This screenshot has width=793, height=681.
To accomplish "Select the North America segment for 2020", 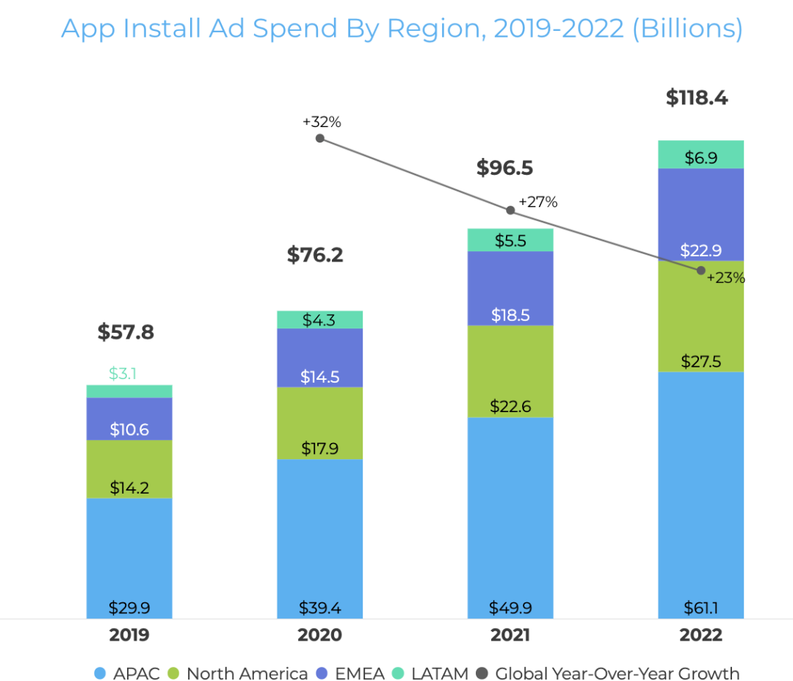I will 319,423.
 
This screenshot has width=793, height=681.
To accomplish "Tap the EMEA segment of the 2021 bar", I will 510,288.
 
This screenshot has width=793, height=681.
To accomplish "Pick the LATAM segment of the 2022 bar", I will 700,154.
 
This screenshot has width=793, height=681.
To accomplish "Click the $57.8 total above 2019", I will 126,332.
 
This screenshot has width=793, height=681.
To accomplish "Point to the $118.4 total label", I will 697,98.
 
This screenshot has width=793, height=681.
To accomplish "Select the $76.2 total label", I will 315,255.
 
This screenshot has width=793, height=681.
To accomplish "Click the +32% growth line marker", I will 319,137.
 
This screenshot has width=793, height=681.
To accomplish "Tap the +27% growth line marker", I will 510,210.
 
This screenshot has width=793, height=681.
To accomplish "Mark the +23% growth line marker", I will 700,270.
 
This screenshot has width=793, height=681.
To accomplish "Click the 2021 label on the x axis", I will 510,635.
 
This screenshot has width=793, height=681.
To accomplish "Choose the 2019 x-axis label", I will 129,635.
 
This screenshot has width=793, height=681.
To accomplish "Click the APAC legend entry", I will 128,673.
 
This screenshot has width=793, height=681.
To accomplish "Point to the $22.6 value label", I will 510,406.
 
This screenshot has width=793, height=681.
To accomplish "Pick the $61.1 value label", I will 700,608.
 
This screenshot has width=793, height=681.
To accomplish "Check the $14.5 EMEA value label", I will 319,377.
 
